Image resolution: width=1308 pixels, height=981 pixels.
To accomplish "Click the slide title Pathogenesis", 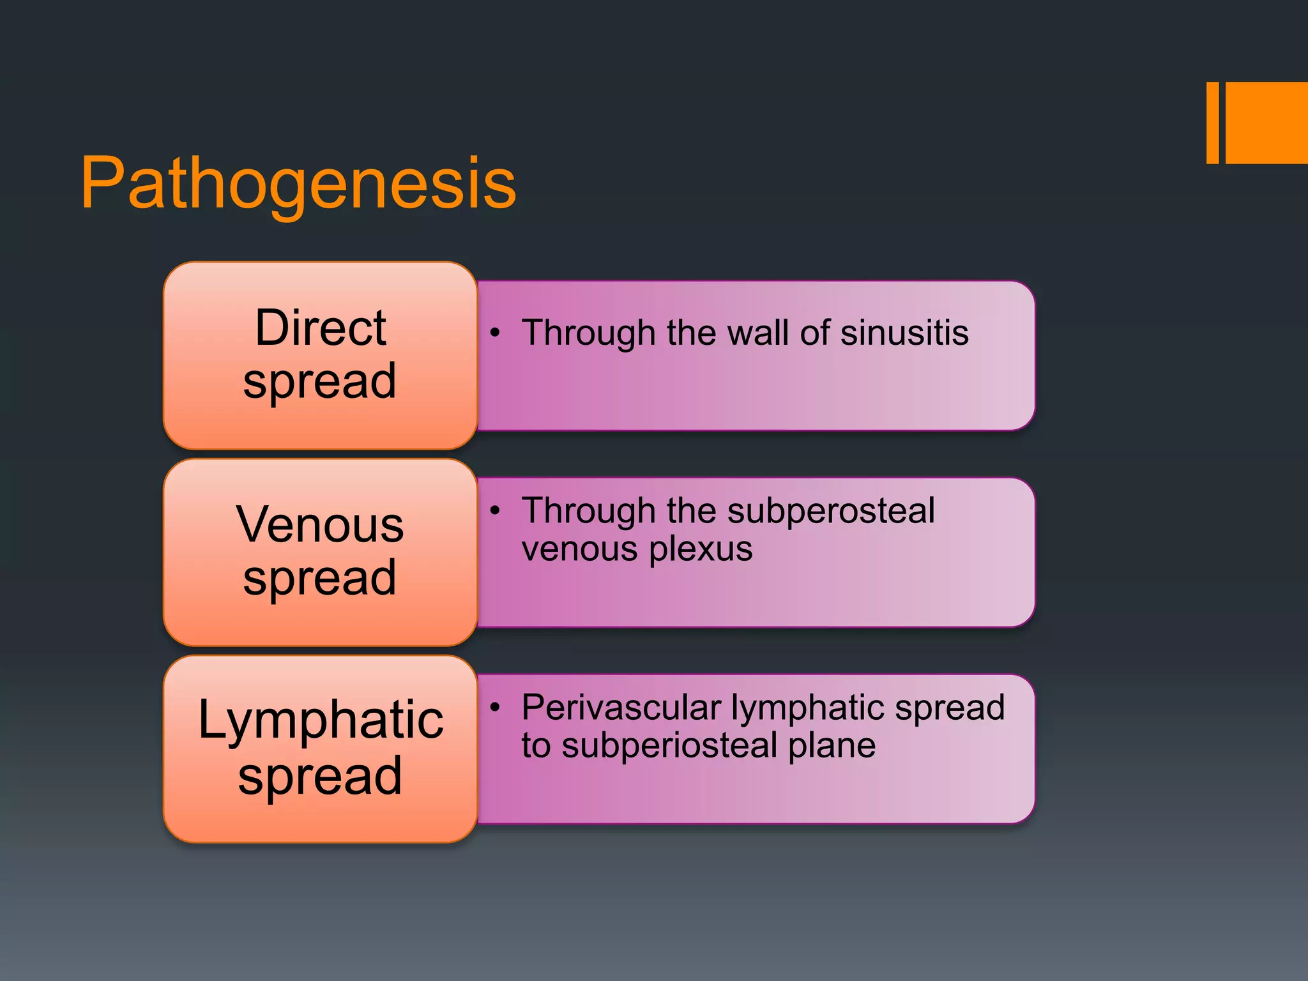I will pos(298,184).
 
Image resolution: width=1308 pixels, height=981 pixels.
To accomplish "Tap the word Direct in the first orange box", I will pos(321,328).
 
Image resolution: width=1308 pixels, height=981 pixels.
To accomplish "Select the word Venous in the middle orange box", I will pos(320,525).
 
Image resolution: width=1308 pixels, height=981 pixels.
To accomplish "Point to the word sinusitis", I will pos(904,333).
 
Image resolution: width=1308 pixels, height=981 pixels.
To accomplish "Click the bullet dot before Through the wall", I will pos(494,333).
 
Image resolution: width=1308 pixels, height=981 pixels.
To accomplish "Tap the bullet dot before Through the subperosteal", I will pos(494,510).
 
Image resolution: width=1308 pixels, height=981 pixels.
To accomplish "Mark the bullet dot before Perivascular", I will pos(494,707).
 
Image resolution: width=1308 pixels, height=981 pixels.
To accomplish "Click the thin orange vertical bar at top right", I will pos(1212,123).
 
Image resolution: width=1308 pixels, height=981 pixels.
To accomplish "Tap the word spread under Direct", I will pos(320,382).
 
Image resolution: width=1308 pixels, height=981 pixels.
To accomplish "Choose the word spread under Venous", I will pos(320,579).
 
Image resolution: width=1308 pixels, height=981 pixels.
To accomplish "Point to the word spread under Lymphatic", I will pos(320,777).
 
